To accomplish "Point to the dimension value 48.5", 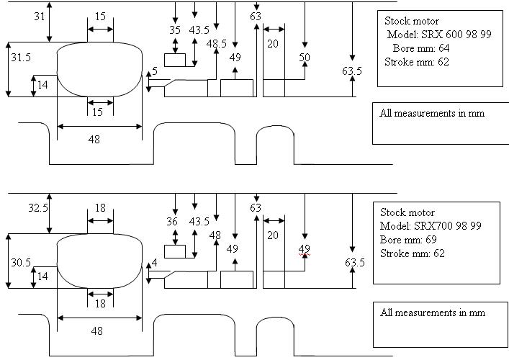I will click(216, 44).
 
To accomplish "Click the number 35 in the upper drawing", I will click(174, 30).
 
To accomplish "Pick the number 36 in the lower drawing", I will click(172, 222).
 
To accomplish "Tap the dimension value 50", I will click(305, 57).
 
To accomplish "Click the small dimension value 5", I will click(154, 71).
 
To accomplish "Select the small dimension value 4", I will click(154, 264).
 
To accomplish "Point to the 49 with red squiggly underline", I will click(304, 249).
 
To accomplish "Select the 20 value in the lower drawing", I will click(273, 235).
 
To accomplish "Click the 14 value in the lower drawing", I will click(42, 276).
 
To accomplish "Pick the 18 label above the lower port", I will click(100, 208).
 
